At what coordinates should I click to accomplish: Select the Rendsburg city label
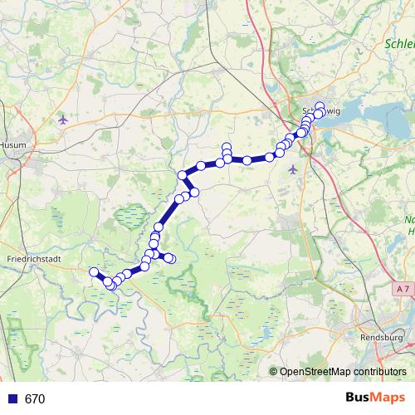pos(382,338)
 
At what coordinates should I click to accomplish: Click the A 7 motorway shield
pos(402,287)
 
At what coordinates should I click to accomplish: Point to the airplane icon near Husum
pos(63,120)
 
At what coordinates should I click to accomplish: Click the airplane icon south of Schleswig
pos(292,169)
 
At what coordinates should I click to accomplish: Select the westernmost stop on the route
pos(94,271)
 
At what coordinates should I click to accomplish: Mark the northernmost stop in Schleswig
pos(320,106)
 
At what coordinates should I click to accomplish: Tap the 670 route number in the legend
pos(35,398)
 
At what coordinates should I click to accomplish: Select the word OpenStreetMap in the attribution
pos(315,371)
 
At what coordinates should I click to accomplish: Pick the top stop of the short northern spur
pos(227,147)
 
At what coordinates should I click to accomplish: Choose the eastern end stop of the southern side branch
pos(172,259)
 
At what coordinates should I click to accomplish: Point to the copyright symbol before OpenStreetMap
pos(274,371)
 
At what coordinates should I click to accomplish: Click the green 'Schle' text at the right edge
pos(399,43)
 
